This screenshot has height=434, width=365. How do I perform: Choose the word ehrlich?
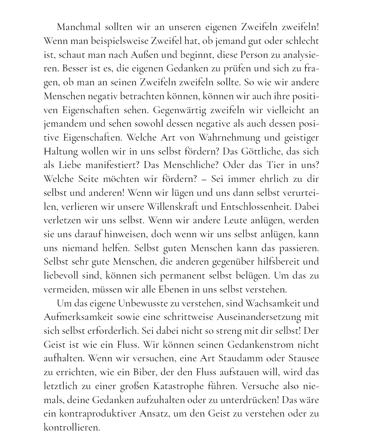[273, 179]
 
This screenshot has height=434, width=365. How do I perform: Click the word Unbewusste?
[139, 303]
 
